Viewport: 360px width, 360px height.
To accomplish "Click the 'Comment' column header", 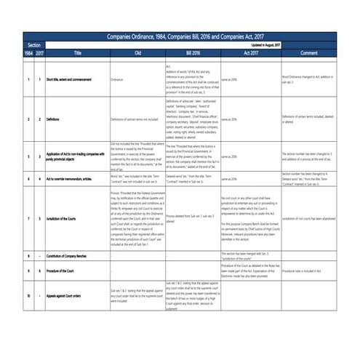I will point(308,53).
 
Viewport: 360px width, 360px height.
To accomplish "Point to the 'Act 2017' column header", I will point(250,53).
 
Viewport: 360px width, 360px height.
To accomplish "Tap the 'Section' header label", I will point(33,45).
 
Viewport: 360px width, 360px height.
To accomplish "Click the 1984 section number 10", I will point(28,297).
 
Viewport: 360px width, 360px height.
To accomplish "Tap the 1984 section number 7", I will point(28,217).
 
